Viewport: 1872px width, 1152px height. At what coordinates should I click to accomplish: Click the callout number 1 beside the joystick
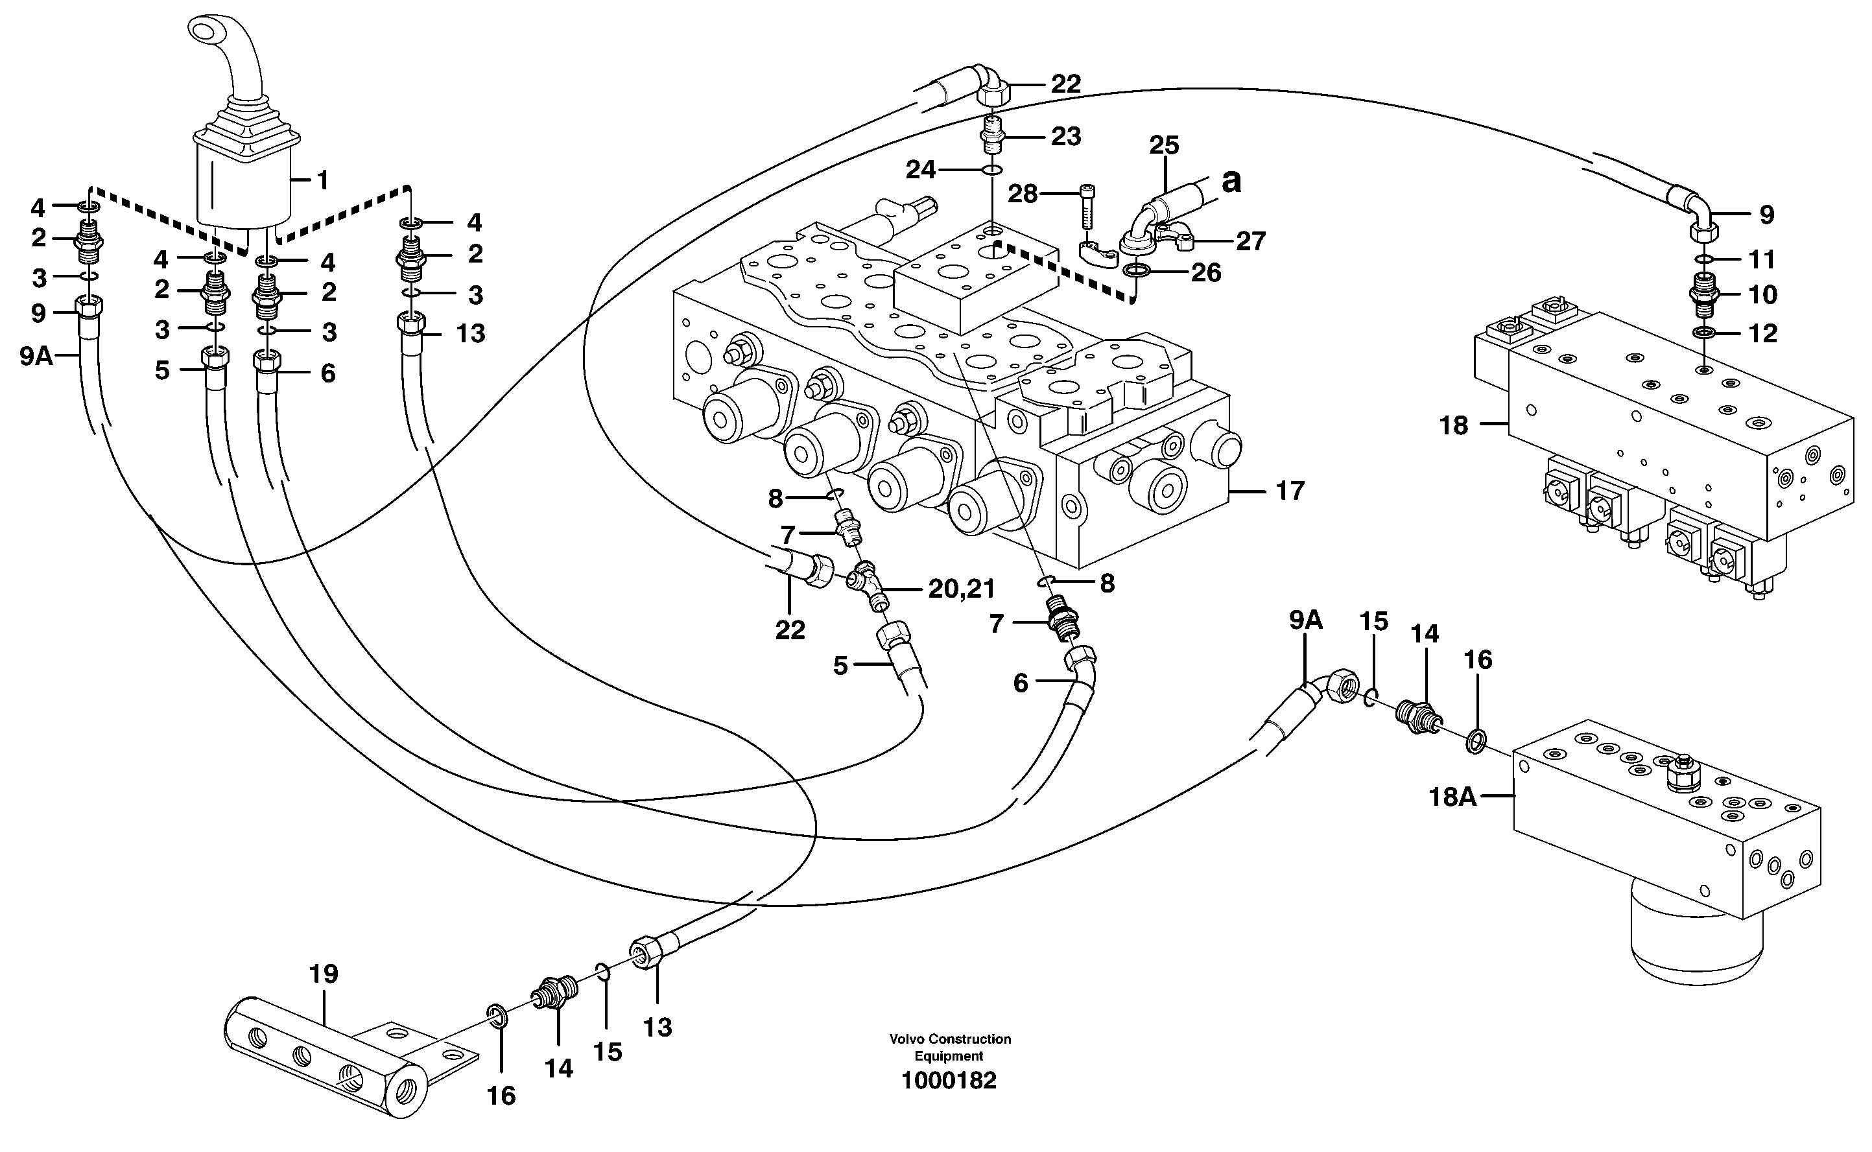322,181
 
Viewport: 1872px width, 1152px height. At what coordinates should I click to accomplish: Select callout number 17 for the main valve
1290,491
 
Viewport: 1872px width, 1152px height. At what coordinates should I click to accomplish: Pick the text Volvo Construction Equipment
949,1048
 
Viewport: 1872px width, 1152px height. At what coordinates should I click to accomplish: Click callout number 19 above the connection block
324,974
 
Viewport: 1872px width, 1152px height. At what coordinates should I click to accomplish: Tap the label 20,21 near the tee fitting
962,589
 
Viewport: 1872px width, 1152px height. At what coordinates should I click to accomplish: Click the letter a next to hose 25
1231,182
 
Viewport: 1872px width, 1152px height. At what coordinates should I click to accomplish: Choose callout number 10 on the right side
1762,295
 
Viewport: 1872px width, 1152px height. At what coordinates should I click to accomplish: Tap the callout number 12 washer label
1762,334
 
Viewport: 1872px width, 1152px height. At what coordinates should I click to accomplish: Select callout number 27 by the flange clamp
1250,242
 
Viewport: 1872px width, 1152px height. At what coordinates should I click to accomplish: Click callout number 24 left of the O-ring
920,170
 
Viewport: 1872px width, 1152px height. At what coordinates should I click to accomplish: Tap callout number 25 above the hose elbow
1163,145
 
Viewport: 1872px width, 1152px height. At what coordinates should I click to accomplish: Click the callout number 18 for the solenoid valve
1453,425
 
